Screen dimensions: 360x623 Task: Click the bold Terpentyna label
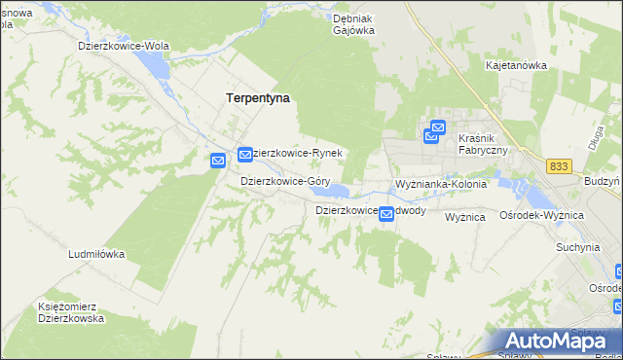[258, 98]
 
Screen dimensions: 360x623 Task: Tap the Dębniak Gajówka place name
[353, 23]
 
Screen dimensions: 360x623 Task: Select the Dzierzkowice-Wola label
[125, 46]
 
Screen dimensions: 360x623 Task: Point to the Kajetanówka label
[516, 65]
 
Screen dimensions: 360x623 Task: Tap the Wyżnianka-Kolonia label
[440, 184]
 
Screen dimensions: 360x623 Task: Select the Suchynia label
[577, 247]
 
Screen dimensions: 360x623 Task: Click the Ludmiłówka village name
[96, 254]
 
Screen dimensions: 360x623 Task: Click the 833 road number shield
[559, 166]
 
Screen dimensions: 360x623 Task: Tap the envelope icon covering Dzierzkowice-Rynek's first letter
[245, 155]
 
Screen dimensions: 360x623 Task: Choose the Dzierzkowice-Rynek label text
[298, 154]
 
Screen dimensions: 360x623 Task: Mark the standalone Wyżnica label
[464, 217]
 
